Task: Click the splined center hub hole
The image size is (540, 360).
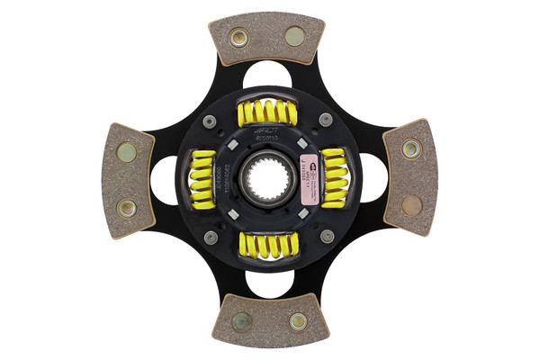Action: pyautogui.click(x=268, y=179)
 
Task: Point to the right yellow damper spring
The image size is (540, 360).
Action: pyautogui.click(x=334, y=176)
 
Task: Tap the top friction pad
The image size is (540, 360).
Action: pyautogui.click(x=266, y=39)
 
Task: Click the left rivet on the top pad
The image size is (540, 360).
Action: pyautogui.click(x=238, y=37)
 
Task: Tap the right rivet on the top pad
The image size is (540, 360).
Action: pyautogui.click(x=294, y=36)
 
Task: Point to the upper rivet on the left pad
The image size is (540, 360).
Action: pyautogui.click(x=127, y=152)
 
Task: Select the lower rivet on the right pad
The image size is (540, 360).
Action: pyautogui.click(x=410, y=205)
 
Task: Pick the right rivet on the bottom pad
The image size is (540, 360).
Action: pyautogui.click(x=297, y=321)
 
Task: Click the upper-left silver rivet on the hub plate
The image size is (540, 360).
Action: pyautogui.click(x=210, y=121)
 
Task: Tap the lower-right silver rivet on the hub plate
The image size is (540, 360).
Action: pyautogui.click(x=327, y=236)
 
